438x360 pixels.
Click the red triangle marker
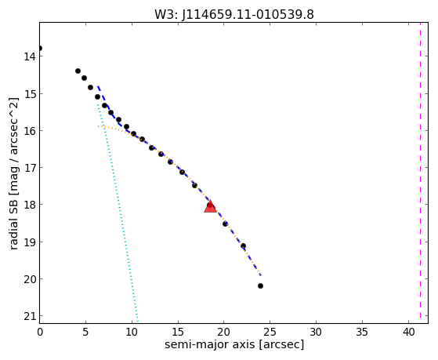click(210, 206)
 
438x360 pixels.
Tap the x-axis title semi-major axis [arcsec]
click(234, 344)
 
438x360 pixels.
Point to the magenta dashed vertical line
click(420, 173)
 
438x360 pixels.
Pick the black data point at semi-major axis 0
click(39, 49)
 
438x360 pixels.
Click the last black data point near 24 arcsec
click(260, 285)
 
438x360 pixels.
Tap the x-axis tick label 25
click(270, 332)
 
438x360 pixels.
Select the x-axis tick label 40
click(409, 332)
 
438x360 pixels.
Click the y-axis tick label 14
click(30, 56)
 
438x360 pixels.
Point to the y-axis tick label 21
click(30, 316)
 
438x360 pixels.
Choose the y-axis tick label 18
click(30, 205)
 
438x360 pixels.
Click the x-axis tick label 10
click(132, 332)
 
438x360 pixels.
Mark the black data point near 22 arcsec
click(243, 245)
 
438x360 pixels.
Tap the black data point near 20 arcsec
click(225, 224)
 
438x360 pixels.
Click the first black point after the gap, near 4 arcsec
click(78, 71)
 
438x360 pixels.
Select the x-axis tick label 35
click(362, 332)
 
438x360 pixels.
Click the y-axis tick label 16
click(30, 131)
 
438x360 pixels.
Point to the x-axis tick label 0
click(40, 332)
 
